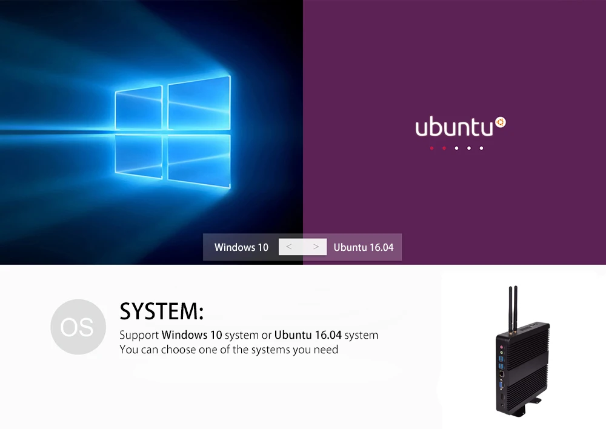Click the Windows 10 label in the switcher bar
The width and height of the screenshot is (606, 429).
coord(241,247)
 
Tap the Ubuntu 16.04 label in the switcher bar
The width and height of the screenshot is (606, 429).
coord(363,247)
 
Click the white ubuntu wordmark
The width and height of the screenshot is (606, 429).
coord(454,127)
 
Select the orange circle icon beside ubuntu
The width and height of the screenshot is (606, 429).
coord(501,122)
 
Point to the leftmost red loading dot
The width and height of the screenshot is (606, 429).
coord(431,148)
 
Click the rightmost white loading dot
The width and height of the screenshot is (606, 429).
coord(481,148)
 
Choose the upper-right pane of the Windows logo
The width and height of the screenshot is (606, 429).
coord(199,103)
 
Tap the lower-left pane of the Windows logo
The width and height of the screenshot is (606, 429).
coord(139,156)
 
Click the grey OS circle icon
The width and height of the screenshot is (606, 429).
coord(78,327)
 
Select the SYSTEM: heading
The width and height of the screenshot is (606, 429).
coord(162,311)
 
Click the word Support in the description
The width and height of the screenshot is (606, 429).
coord(139,335)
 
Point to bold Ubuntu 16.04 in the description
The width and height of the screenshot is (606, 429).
coord(308,334)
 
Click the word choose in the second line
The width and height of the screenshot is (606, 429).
coord(178,350)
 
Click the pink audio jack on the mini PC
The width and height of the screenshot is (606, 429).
coord(502,347)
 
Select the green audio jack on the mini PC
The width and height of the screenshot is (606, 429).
coord(502,353)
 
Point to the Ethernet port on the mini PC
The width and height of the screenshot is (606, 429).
coord(501,374)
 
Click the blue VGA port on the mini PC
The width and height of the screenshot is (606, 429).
coord(501,385)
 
